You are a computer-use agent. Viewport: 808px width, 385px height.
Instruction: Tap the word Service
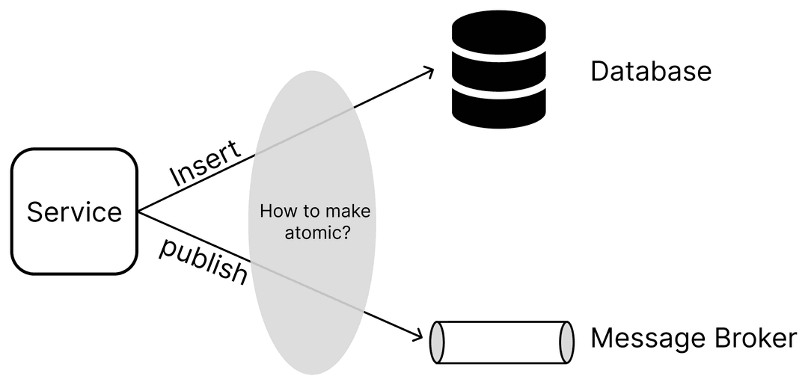(x=74, y=212)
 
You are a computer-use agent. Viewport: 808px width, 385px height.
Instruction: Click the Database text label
(x=650, y=72)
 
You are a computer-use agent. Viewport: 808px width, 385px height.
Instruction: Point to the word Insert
(x=206, y=163)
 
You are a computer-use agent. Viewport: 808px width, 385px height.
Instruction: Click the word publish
(x=203, y=262)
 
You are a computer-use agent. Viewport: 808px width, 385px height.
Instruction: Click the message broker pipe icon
(x=502, y=342)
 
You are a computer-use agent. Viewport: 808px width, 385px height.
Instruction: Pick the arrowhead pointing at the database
(x=428, y=71)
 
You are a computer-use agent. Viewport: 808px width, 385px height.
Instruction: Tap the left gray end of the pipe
(x=438, y=342)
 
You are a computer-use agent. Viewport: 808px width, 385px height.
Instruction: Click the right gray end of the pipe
(x=567, y=342)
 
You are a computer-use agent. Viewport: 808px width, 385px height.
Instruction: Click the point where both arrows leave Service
(x=140, y=212)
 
